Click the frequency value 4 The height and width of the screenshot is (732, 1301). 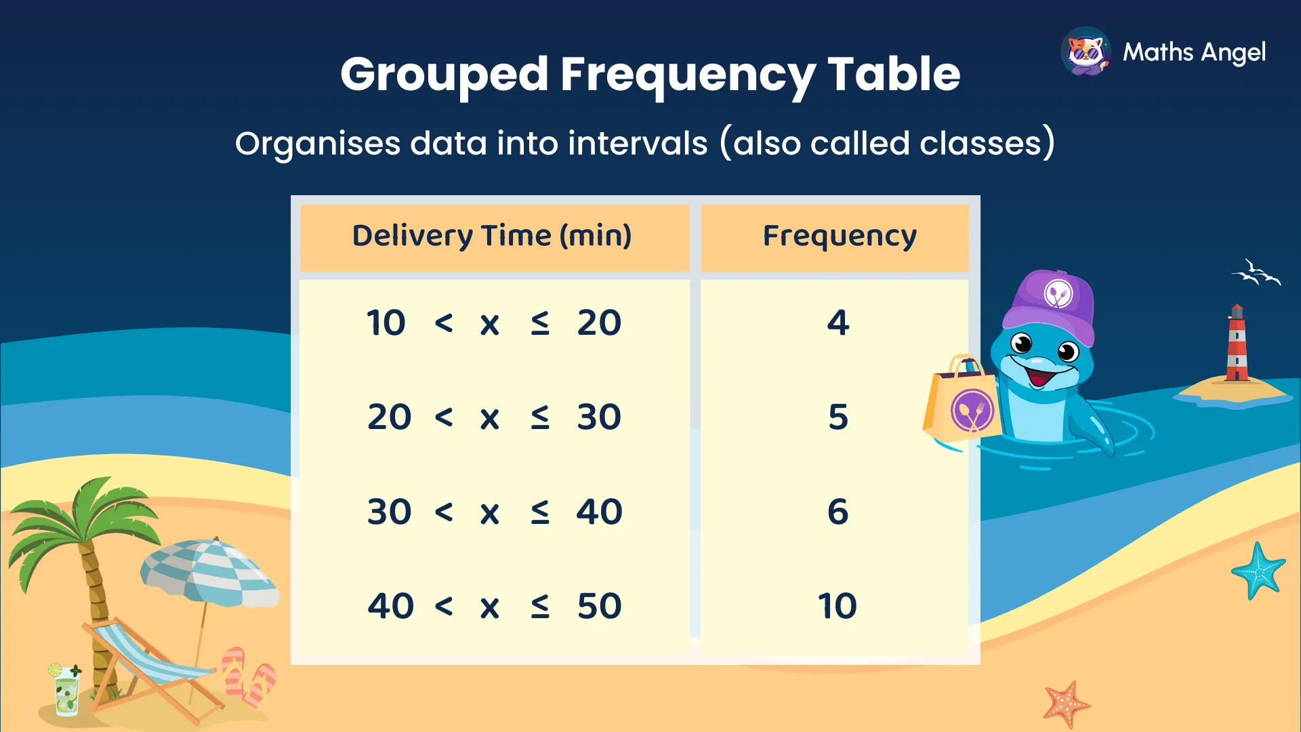(838, 323)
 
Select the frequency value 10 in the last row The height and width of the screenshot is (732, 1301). (838, 606)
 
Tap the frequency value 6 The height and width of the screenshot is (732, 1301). (838, 512)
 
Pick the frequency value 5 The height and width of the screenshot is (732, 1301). (838, 417)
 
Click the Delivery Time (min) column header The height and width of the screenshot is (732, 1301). (492, 236)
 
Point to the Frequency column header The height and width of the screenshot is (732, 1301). (840, 236)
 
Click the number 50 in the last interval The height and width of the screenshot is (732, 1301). (599, 606)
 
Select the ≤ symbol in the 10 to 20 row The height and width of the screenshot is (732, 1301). (540, 323)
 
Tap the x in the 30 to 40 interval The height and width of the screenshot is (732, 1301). (490, 513)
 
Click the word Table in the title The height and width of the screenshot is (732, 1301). (894, 75)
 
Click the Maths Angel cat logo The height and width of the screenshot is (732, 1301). (1086, 52)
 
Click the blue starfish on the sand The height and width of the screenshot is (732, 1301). (1258, 571)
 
